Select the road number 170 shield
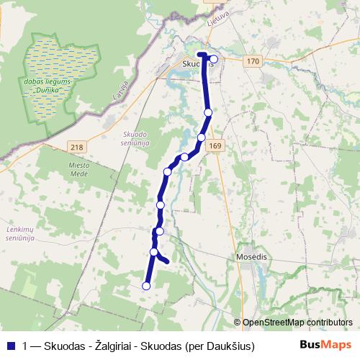pyautogui.click(x=252, y=61)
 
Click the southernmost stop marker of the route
pyautogui.click(x=146, y=286)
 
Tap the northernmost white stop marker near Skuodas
pyautogui.click(x=214, y=59)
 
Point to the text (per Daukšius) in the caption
pyautogui.click(x=220, y=346)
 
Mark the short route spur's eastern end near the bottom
pyautogui.click(x=167, y=261)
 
